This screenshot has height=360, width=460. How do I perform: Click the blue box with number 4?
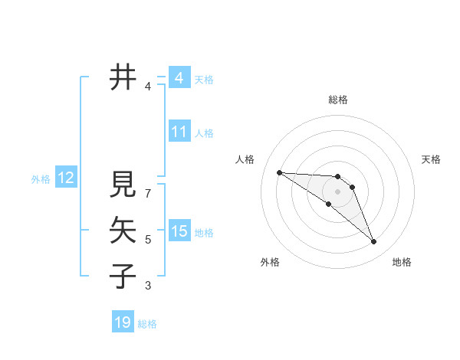pos(179,78)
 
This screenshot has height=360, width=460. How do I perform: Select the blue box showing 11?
pos(179,132)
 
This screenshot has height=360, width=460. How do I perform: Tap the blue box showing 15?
pos(179,231)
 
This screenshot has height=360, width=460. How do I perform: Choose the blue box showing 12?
pos(65,178)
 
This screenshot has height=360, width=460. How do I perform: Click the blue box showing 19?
pos(123,322)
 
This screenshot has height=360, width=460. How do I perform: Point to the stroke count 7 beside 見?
pos(148,186)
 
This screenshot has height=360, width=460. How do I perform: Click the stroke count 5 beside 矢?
pos(148,240)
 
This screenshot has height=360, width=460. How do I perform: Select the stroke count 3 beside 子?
pos(148,286)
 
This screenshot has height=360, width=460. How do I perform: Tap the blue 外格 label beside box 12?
pos(41,179)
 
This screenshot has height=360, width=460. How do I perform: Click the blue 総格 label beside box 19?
pos(147,324)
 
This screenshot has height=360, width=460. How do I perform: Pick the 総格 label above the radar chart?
pos(337,100)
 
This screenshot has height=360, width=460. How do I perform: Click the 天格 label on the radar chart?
pos(431,159)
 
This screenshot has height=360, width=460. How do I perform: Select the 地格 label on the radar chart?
pos(402,262)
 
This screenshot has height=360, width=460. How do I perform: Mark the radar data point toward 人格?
pos(279,172)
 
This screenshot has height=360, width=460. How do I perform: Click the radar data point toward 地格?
pos(373,242)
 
